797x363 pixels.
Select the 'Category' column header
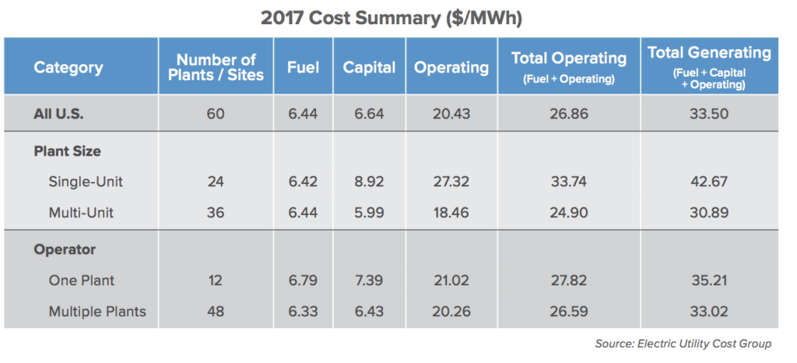(x=68, y=67)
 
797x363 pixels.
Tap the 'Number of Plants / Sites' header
(x=216, y=67)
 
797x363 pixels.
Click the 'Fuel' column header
(x=303, y=67)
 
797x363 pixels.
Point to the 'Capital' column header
(x=369, y=67)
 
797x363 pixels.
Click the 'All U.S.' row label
(x=58, y=114)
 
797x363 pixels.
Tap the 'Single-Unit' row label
(x=85, y=181)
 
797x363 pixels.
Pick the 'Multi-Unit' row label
(x=81, y=211)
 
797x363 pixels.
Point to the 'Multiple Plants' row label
(x=97, y=312)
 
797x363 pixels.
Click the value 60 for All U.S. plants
(x=216, y=114)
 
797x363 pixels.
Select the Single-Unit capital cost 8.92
(x=369, y=181)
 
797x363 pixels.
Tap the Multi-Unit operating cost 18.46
(x=451, y=211)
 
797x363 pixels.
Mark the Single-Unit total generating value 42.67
(x=709, y=181)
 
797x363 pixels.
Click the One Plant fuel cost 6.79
(x=303, y=280)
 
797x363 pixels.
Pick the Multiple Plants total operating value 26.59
(x=568, y=312)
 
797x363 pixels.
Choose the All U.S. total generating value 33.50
(x=709, y=114)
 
